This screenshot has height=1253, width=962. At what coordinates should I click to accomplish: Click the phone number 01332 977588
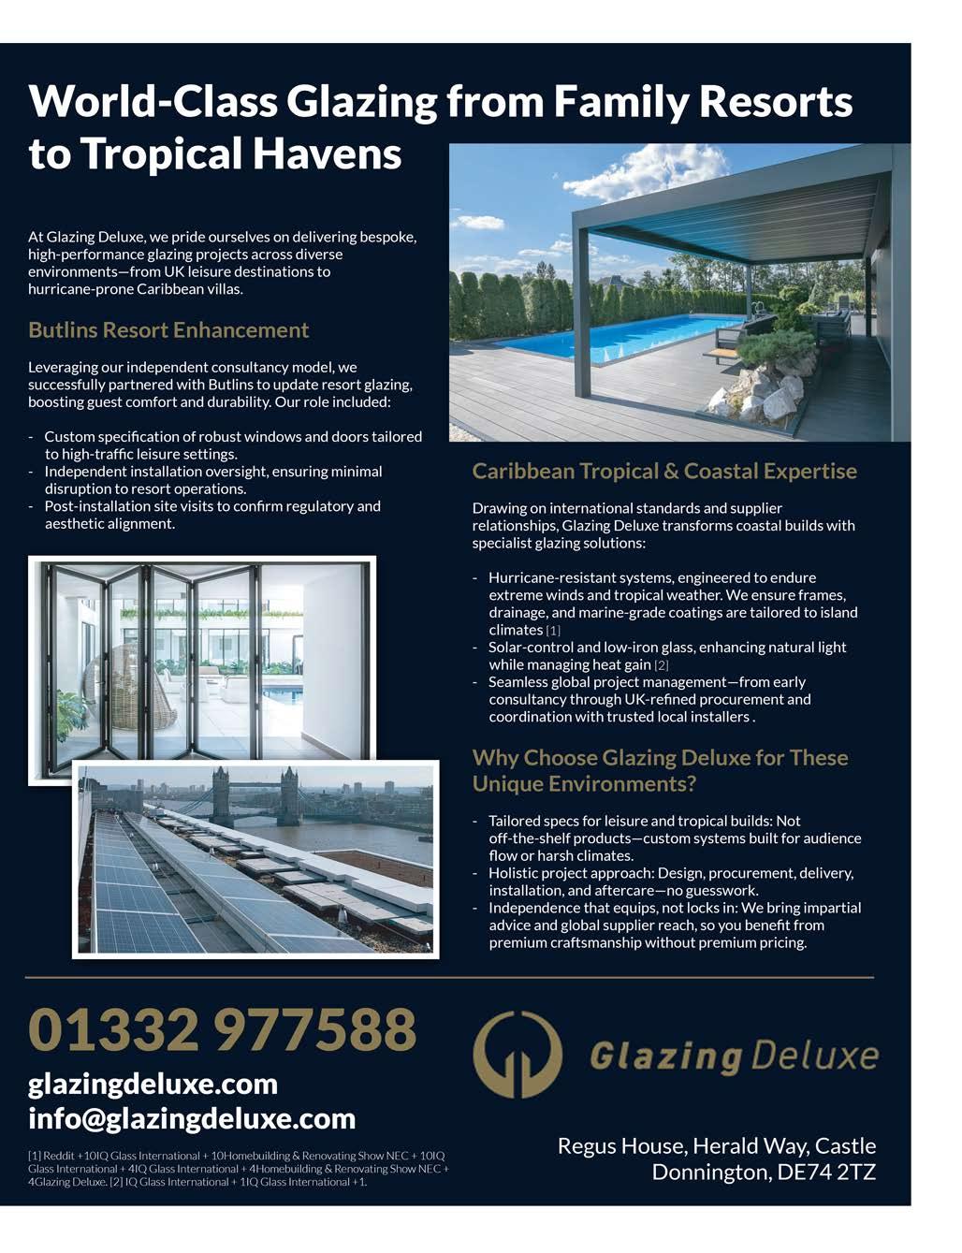pos(222,1029)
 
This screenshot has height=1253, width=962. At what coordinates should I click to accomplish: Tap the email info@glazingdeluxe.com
pos(192,1118)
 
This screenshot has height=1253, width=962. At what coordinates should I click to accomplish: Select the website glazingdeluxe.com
pos(153,1084)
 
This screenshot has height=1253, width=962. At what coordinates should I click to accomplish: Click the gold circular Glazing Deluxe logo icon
pos(517,1054)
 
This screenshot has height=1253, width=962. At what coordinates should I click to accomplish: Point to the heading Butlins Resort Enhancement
pos(168,330)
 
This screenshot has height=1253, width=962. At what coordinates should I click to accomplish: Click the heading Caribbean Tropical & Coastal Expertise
pos(664,471)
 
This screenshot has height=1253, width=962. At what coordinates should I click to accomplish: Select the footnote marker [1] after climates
pos(553,631)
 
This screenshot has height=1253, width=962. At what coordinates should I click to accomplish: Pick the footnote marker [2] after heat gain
pos(662,665)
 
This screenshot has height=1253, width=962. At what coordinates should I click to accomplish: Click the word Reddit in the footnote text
pos(57,1156)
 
